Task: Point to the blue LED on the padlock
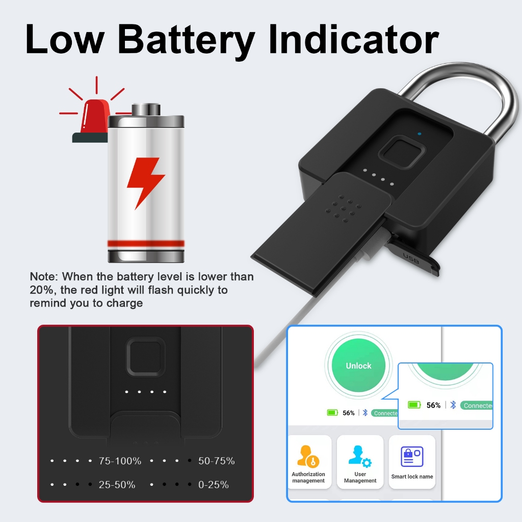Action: point(419,135)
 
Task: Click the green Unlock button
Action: point(358,366)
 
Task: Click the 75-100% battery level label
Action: point(120,461)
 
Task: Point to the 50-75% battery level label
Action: point(216,461)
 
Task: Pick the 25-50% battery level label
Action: point(117,485)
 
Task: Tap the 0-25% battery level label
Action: point(213,485)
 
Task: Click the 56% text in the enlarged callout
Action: point(433,405)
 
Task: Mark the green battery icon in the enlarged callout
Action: point(414,405)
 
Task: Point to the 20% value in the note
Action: point(40,290)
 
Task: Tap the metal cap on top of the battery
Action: point(146,110)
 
